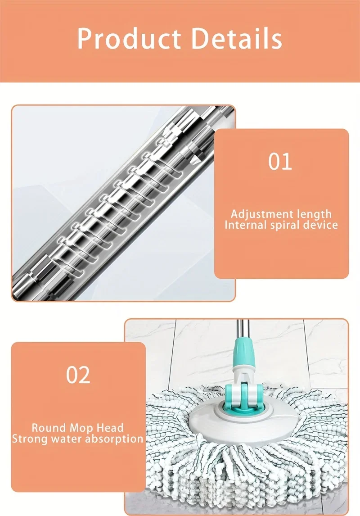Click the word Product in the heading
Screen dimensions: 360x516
(x=129, y=39)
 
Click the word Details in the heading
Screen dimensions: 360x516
(x=236, y=38)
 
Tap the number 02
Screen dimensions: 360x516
(x=78, y=375)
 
